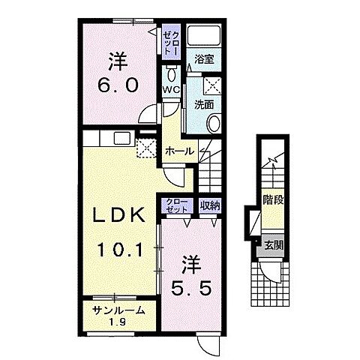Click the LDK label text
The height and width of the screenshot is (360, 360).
point(119,215)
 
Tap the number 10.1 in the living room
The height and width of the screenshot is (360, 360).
point(120,250)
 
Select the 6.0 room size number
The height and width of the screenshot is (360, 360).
point(118,85)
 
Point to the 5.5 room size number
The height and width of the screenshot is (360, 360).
point(191,289)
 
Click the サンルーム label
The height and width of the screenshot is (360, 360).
point(118,310)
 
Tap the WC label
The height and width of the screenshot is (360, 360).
point(171,89)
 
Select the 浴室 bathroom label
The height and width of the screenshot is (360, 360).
point(204,59)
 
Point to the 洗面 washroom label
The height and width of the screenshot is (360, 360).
point(204,105)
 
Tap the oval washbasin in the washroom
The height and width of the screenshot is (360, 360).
point(214,123)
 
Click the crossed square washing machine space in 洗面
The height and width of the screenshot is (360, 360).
point(212,85)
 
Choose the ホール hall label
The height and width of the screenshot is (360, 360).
point(179,151)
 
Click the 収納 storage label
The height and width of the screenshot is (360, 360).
point(210,205)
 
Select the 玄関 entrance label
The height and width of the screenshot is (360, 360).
point(274,246)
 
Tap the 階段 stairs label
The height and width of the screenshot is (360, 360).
point(273,200)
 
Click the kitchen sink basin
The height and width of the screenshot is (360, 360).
point(122,138)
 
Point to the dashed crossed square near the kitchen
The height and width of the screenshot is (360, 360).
point(146,148)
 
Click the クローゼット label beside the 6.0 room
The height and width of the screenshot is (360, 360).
point(171,42)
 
